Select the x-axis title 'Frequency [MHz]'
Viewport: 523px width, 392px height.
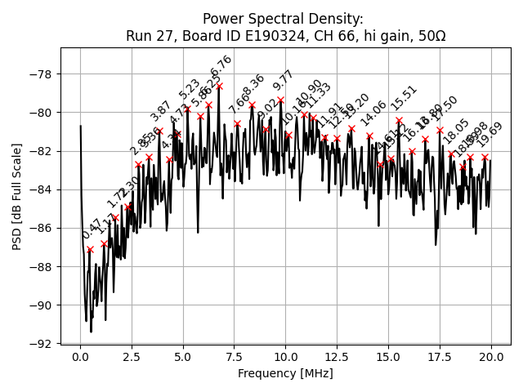coord(285,373)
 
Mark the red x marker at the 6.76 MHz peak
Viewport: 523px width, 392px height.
coord(219,86)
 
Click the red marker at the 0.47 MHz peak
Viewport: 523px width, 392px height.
coord(90,249)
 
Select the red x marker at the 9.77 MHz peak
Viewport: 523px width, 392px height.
coord(280,100)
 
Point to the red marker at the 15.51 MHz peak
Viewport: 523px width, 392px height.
coord(399,120)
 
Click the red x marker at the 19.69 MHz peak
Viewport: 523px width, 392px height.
coord(485,157)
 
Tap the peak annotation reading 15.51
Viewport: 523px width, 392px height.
coord(404,98)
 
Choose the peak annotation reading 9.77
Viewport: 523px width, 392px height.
coord(284,80)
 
